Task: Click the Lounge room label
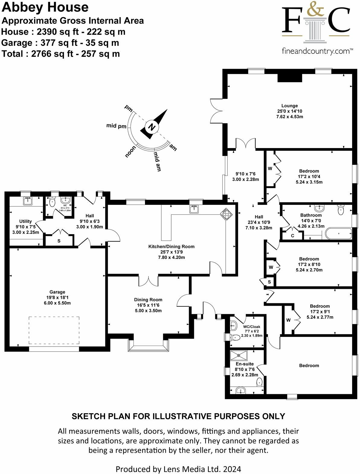click(289, 106)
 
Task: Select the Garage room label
click(57, 292)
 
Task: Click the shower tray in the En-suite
click(239, 355)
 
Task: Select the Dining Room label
click(148, 300)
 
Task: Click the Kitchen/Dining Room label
click(171, 247)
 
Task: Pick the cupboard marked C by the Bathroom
click(292, 236)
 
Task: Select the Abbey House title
click(45, 7)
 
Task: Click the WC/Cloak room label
click(252, 327)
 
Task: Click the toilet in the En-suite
click(259, 382)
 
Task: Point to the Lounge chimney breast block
click(290, 77)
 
